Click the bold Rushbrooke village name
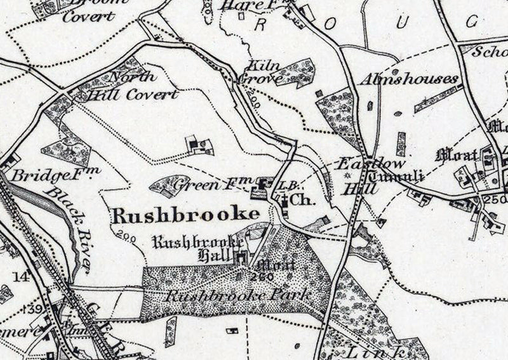pyautogui.click(x=185, y=214)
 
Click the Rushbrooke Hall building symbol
pyautogui.click(x=242, y=257)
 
